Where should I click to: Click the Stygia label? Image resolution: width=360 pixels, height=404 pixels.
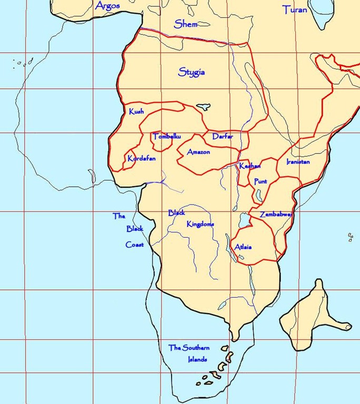(x=192, y=72)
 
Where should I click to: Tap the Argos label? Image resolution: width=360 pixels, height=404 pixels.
(x=107, y=6)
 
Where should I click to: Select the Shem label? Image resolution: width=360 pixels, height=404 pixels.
(x=186, y=24)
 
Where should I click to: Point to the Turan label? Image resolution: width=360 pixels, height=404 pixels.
(x=295, y=9)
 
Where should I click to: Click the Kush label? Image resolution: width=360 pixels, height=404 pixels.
(x=136, y=112)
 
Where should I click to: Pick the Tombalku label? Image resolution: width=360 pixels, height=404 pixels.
(x=166, y=137)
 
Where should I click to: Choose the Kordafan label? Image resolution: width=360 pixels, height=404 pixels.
(x=142, y=158)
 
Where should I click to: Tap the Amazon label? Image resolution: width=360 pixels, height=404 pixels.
(x=198, y=152)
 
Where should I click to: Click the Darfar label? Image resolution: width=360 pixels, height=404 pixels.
(x=223, y=137)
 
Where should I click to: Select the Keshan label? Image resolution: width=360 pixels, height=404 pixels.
(x=249, y=166)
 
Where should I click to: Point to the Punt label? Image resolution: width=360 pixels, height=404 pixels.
(x=261, y=181)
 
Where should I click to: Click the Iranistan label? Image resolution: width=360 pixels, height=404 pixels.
(x=298, y=162)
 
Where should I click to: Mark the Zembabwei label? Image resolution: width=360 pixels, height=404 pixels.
(x=275, y=215)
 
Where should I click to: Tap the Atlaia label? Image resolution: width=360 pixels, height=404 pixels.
(x=243, y=247)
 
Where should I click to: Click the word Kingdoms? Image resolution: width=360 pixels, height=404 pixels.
(x=201, y=224)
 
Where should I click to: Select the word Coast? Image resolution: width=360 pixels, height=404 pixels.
(x=134, y=245)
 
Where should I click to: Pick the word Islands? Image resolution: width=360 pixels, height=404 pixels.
(x=197, y=360)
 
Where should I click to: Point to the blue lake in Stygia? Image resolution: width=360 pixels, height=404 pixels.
(x=204, y=106)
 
